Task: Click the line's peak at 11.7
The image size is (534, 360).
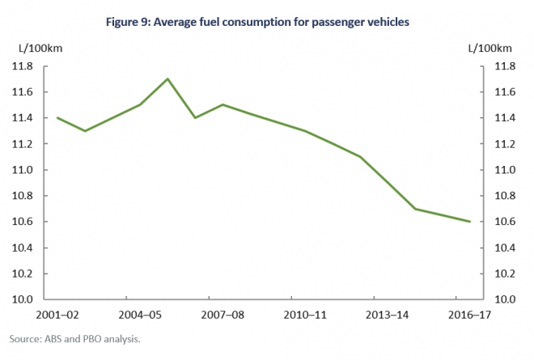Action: pyautogui.click(x=167, y=79)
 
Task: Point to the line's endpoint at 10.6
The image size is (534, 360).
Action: pyautogui.click(x=470, y=221)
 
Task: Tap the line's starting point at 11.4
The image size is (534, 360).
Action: pyautogui.click(x=57, y=117)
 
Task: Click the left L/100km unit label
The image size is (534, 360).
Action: pyautogui.click(x=35, y=49)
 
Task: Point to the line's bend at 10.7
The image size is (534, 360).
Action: pyautogui.click(x=415, y=209)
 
